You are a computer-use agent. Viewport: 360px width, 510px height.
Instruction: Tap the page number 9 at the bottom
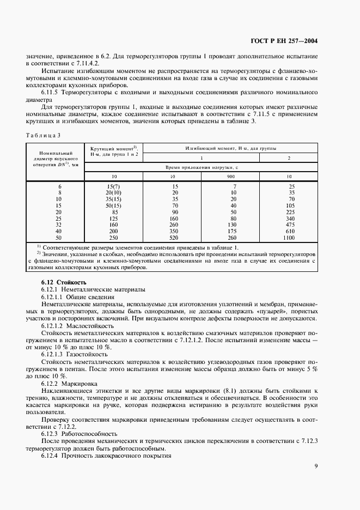tap(316, 466)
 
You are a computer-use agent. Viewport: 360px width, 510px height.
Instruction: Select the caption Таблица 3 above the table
tap(44, 135)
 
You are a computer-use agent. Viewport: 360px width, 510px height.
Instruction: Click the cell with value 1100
tap(289, 238)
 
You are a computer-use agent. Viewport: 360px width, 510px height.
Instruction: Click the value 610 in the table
tap(289, 232)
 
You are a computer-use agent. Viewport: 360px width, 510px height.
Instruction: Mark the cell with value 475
tap(289, 225)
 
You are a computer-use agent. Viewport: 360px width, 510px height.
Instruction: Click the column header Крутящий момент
tap(113, 151)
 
